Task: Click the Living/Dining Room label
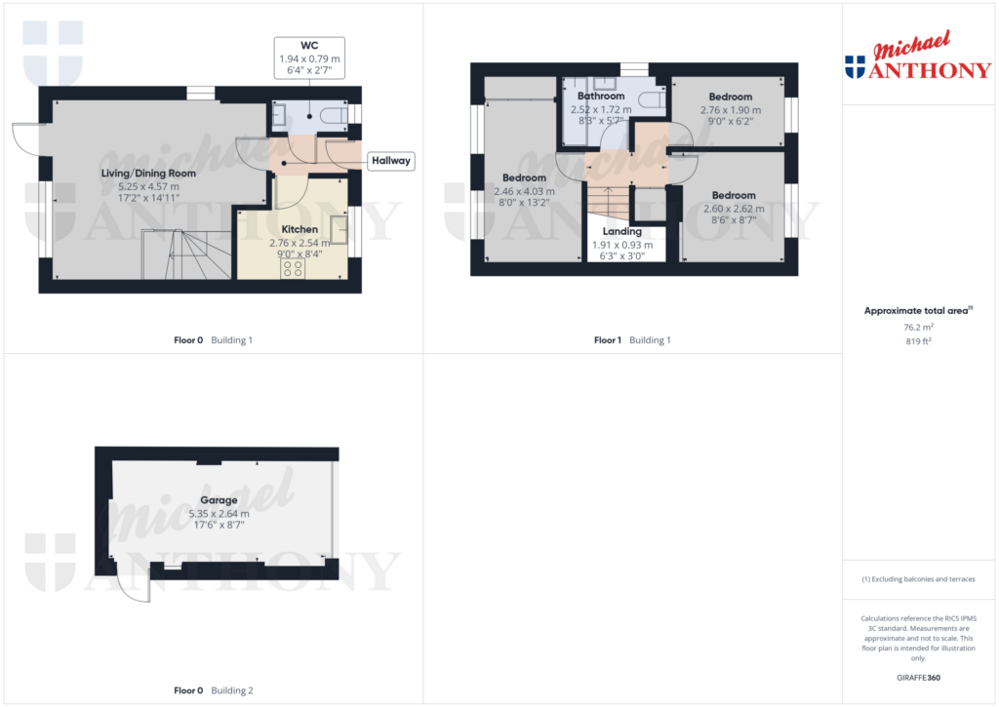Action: tap(149, 174)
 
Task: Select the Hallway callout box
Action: tap(390, 161)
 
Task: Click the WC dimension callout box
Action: tap(309, 59)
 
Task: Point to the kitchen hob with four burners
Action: tap(292, 268)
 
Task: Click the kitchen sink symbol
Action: tap(339, 230)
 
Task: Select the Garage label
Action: tap(219, 500)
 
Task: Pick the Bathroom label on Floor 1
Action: tap(600, 97)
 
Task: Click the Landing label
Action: tap(621, 232)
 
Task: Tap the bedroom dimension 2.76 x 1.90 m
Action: tap(730, 110)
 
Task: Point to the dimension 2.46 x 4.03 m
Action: tap(524, 191)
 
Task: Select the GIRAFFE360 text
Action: tap(917, 678)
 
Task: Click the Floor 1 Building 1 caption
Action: tap(632, 340)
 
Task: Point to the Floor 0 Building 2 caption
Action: tap(213, 690)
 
